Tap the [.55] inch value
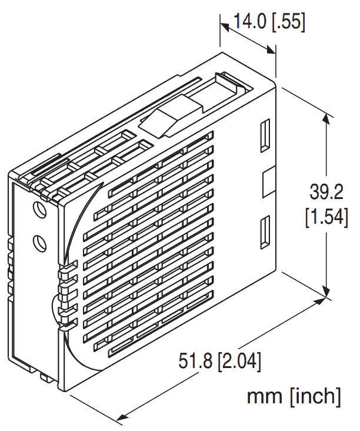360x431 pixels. (x=289, y=22)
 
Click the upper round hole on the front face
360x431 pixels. (x=39, y=210)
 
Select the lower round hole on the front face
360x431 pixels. (x=39, y=241)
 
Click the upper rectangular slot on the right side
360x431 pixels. (x=265, y=135)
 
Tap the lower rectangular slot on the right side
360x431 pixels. (x=265, y=231)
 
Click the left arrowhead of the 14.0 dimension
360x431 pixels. (x=225, y=27)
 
